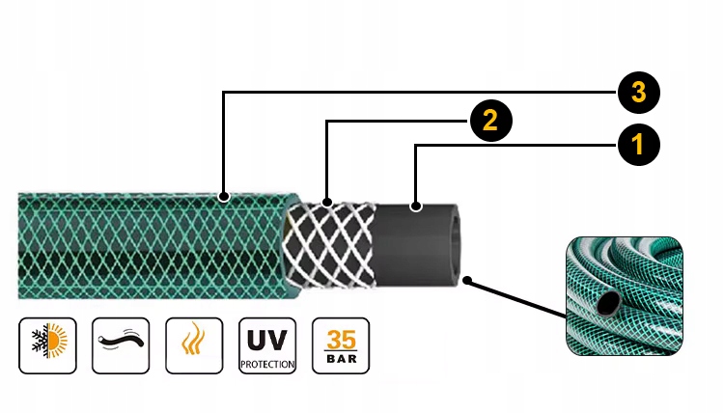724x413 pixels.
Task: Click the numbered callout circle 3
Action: point(636,93)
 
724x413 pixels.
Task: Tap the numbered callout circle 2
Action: point(489,121)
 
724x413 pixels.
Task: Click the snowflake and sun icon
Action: point(47,344)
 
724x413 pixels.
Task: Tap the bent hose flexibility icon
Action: point(121,344)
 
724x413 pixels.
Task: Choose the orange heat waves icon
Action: point(193,344)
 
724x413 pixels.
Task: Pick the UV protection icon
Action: point(267,344)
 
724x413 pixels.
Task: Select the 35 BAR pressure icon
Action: point(341,344)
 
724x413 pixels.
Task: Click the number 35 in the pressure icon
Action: point(341,339)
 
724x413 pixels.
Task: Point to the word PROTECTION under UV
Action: point(267,363)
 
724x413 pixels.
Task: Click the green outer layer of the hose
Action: point(145,246)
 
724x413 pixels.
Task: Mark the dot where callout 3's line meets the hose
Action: point(224,198)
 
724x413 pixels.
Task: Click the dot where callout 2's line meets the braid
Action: point(328,203)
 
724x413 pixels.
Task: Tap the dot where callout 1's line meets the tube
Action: point(416,206)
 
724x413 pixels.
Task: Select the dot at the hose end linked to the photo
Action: point(467,281)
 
